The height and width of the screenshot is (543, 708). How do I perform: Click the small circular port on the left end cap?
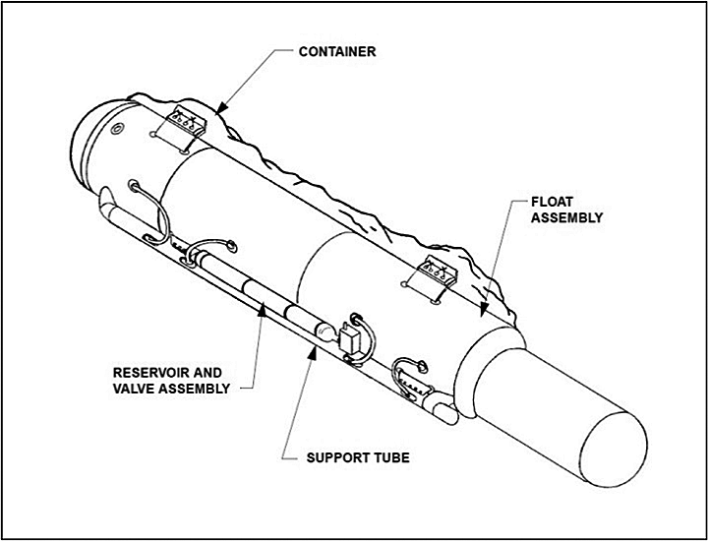click(x=116, y=132)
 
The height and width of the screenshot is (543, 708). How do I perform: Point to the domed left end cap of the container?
click(x=93, y=133)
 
